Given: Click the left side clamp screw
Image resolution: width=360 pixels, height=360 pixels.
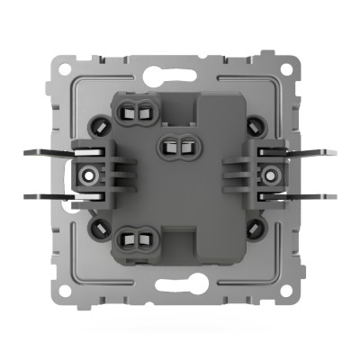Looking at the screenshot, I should (89, 172).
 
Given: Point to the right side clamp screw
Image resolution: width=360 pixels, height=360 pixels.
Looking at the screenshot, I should (269, 172).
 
